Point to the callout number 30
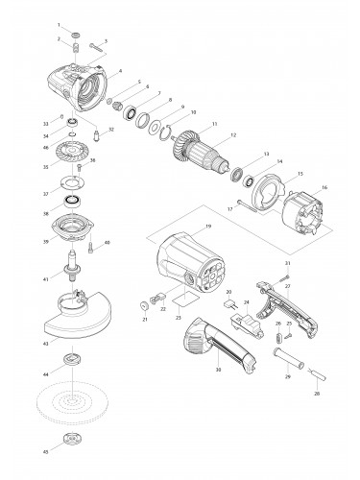tap(219, 369)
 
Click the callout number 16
tap(324, 188)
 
